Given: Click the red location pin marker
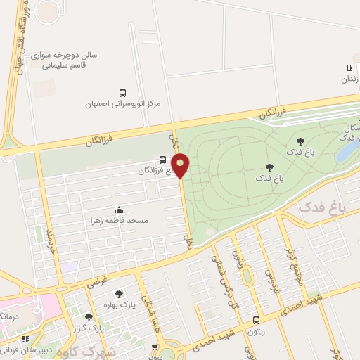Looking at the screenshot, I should (181, 165).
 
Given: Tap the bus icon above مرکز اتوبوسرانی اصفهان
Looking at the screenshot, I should (123, 93).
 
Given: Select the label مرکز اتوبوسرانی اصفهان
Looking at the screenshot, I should (123, 104).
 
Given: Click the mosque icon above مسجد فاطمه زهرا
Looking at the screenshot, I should (118, 210).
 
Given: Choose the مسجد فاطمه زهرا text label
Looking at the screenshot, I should (118, 220).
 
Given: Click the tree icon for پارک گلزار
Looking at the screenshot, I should (89, 317).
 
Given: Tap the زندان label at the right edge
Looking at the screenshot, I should (349, 79).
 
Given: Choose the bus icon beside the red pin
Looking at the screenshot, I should (163, 159).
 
